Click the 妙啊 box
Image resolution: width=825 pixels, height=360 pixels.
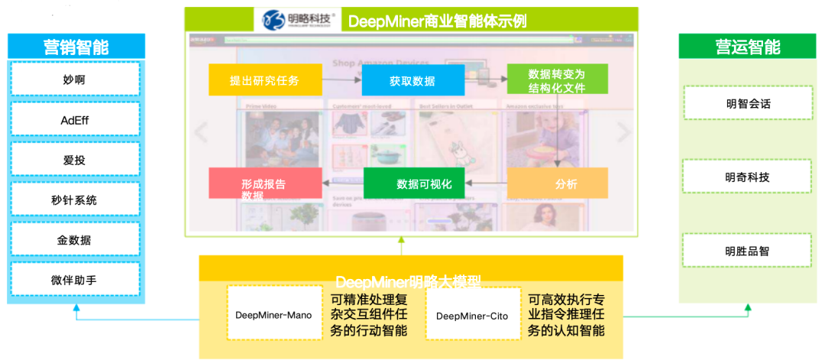(x=75, y=79)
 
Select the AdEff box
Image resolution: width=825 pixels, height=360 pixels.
(x=75, y=119)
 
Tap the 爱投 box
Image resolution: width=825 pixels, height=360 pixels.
(x=75, y=159)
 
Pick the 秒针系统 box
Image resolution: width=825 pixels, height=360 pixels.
(x=75, y=199)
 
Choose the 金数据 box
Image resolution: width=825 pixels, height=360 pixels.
(x=75, y=240)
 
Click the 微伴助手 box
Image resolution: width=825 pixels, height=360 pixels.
(x=75, y=280)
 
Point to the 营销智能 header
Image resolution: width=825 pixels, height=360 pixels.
(x=75, y=47)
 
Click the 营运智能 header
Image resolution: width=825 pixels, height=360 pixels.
(x=747, y=47)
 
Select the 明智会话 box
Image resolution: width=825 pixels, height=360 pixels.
(x=747, y=103)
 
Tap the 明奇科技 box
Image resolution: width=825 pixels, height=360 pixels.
(x=747, y=177)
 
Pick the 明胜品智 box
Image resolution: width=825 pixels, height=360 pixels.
(x=747, y=251)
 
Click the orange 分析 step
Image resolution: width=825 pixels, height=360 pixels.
(x=557, y=183)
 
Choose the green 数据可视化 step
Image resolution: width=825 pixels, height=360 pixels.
(x=413, y=183)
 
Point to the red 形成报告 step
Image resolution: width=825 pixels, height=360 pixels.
(x=264, y=183)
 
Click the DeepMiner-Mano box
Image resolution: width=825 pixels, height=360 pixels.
(x=273, y=314)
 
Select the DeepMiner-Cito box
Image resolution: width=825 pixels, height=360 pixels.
(x=472, y=314)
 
